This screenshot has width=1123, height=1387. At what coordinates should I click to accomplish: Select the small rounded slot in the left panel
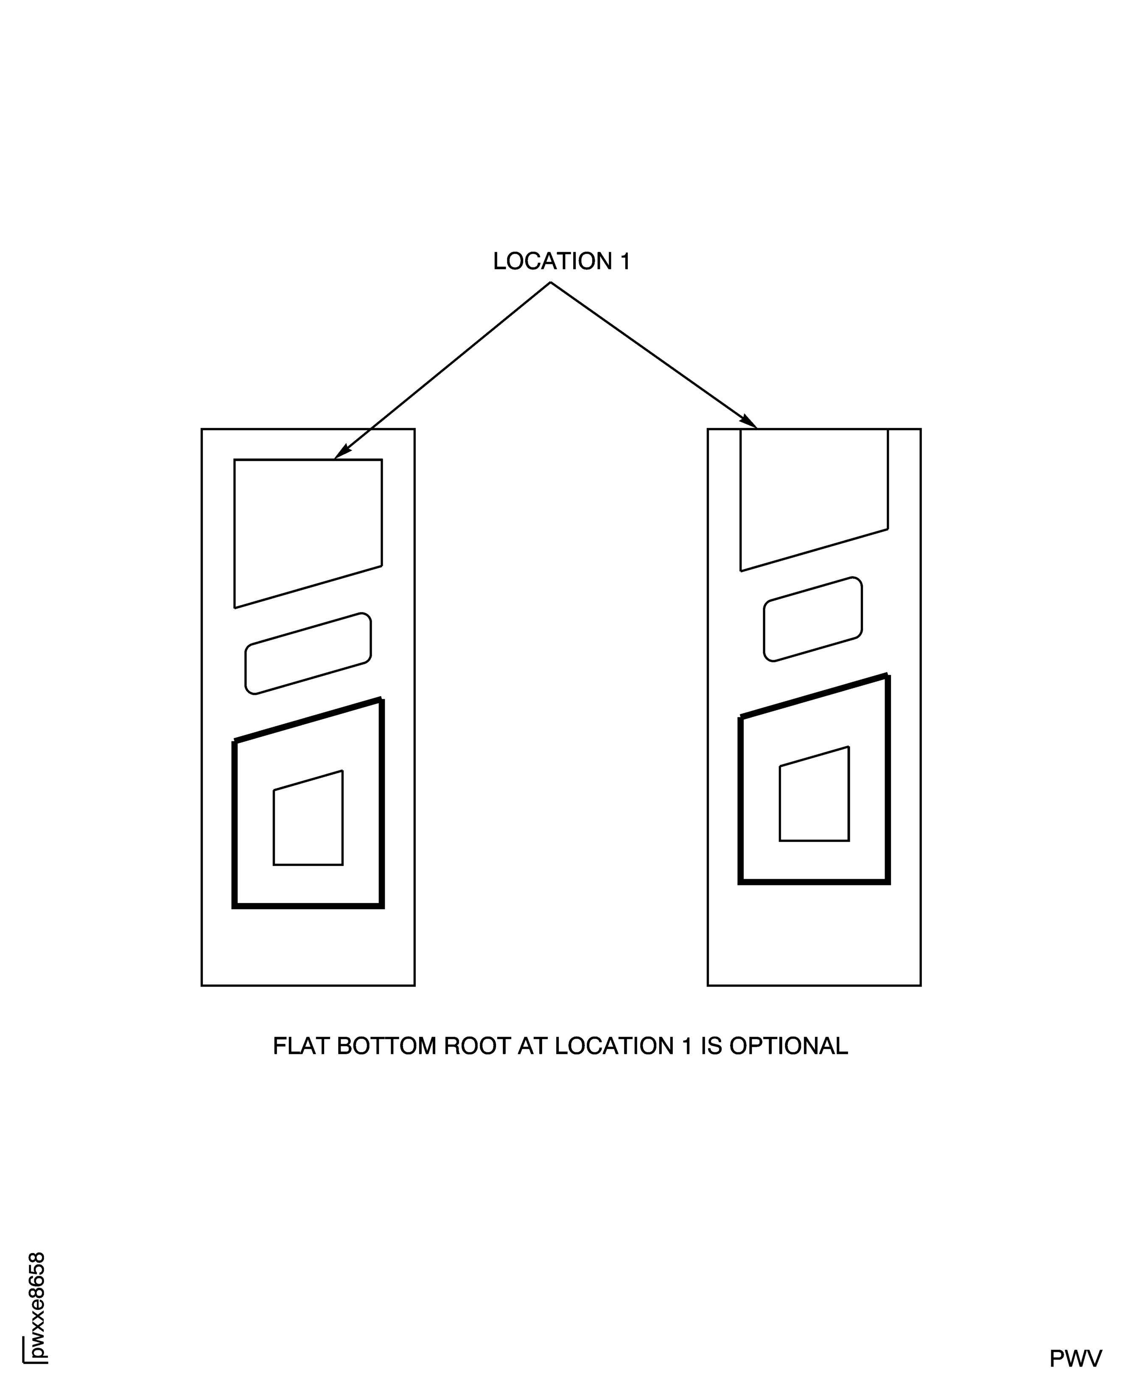308,653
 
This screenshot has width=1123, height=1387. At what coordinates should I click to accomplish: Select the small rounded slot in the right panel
812,619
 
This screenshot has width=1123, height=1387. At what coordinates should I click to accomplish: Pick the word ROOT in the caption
477,1047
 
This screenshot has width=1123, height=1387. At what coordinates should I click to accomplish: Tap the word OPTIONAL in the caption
789,1047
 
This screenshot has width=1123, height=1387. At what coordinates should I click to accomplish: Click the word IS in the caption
711,1047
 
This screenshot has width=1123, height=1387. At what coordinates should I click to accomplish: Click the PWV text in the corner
1075,1358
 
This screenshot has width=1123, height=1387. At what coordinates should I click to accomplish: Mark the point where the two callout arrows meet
551,282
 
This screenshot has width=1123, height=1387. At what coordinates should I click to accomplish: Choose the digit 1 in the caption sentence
687,1047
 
